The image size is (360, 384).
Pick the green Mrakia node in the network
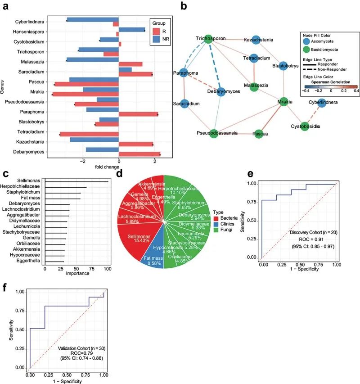point(283,102)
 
